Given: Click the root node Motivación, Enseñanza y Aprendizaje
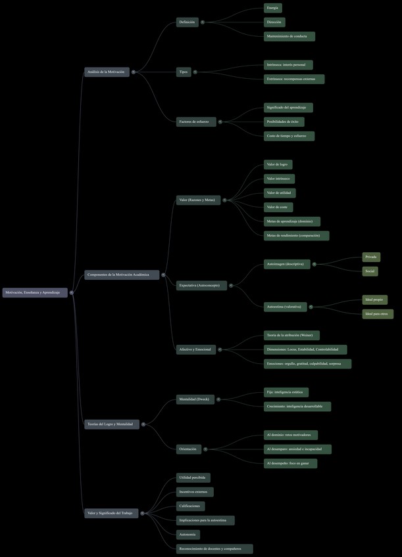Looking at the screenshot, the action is [35, 292].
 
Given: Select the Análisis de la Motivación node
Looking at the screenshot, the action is [107, 72].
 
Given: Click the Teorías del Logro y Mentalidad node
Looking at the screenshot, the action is [111, 424].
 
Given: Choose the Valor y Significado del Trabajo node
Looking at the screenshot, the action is [111, 513].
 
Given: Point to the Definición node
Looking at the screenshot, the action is [188, 22].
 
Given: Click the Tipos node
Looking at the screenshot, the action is [184, 72].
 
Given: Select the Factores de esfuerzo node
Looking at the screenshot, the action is [195, 122].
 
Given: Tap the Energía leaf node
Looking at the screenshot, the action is [272, 8].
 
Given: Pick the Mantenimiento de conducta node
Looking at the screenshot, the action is [289, 36].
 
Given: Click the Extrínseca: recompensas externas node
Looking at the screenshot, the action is [293, 79].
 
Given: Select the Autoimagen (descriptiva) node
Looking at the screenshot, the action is [286, 264].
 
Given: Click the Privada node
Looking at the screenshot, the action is [371, 257].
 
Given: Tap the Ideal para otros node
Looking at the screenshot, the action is [378, 314].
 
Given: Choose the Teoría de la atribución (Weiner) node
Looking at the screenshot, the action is [291, 335].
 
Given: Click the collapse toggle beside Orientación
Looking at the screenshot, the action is [205, 449].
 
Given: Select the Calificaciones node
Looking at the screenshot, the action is [190, 506].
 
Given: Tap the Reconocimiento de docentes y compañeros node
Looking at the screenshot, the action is [214, 548].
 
